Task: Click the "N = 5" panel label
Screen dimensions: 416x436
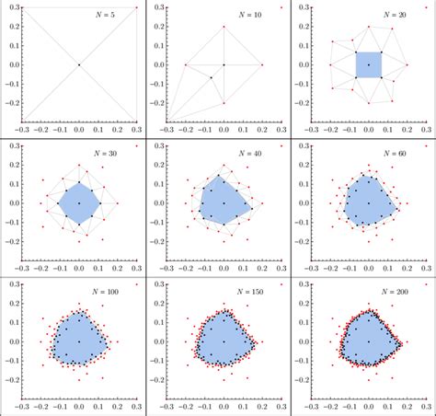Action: tap(109, 16)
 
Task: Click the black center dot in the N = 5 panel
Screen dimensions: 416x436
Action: tap(79, 64)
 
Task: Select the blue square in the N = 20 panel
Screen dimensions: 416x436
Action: tap(369, 64)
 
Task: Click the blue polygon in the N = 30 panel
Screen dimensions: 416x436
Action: tap(79, 202)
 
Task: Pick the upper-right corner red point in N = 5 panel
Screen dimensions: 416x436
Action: tap(136, 7)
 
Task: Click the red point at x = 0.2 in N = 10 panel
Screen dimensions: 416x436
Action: tap(262, 64)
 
